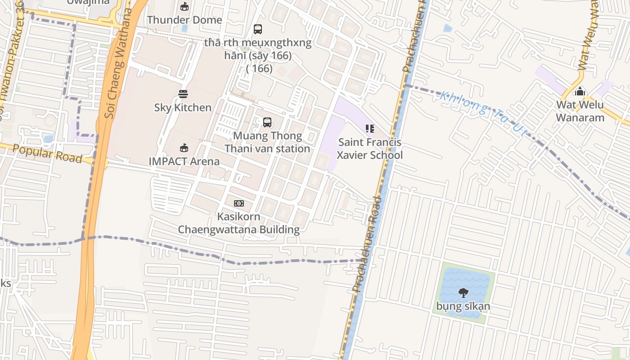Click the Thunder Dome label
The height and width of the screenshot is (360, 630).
click(184, 20)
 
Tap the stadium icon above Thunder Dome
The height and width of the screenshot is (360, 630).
click(184, 6)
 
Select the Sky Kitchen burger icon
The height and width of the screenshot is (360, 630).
click(183, 94)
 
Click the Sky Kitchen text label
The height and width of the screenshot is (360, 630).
click(183, 108)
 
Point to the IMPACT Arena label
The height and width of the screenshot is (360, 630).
click(184, 161)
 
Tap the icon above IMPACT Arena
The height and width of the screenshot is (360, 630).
click(184, 148)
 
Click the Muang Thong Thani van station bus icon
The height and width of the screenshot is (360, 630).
click(267, 122)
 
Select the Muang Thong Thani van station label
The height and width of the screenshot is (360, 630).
click(267, 142)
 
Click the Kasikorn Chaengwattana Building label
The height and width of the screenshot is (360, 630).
click(238, 223)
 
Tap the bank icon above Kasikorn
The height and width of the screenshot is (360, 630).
click(239, 203)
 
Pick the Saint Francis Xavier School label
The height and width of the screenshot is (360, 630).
click(370, 148)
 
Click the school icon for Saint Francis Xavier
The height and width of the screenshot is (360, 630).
click(370, 129)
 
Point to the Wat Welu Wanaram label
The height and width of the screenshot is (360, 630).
click(580, 111)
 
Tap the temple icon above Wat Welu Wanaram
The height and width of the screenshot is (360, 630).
click(580, 91)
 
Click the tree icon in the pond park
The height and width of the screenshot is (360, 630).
click(463, 293)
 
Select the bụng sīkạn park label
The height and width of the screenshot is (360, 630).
click(463, 307)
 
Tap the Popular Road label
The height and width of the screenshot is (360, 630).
click(47, 153)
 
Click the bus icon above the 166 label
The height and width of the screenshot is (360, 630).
click(257, 29)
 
